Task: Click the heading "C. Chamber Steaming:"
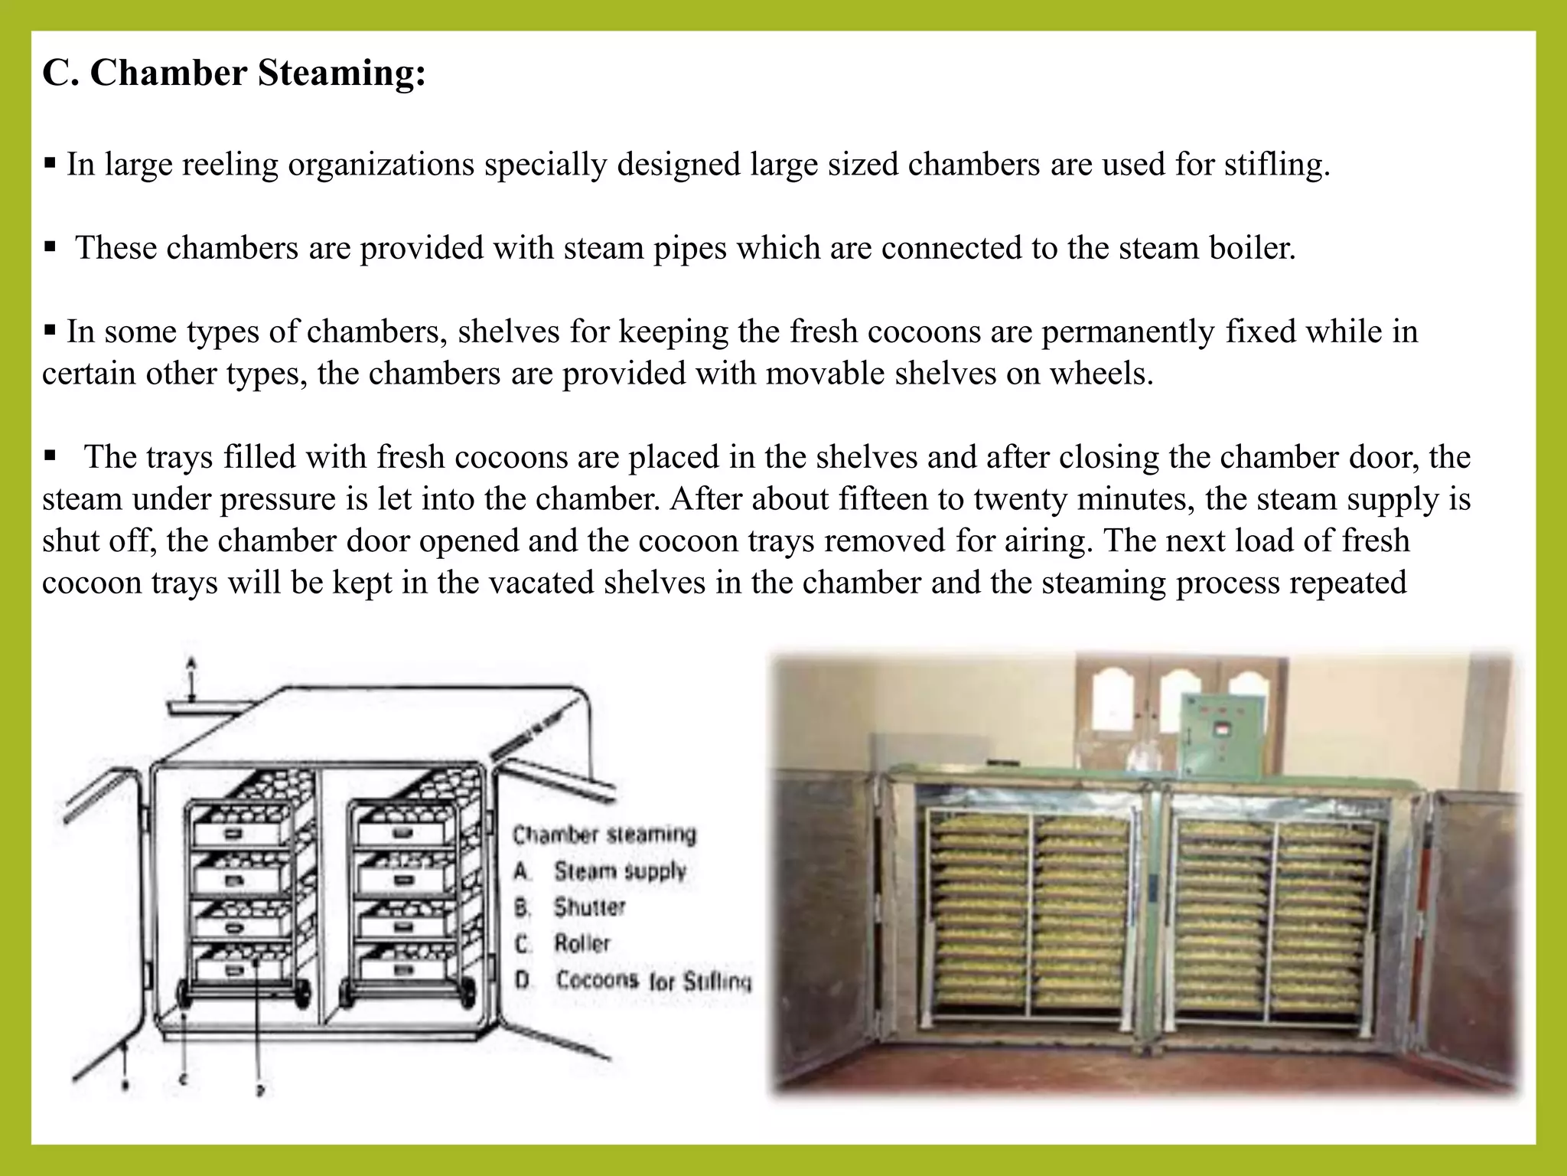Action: click(234, 73)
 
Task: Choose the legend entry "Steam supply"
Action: click(620, 871)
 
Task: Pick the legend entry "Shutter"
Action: click(589, 907)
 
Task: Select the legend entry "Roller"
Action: click(582, 943)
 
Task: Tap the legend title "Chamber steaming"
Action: click(604, 834)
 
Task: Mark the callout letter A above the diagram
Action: click(191, 661)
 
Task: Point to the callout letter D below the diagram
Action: click(260, 1090)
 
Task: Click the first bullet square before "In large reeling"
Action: click(50, 163)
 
